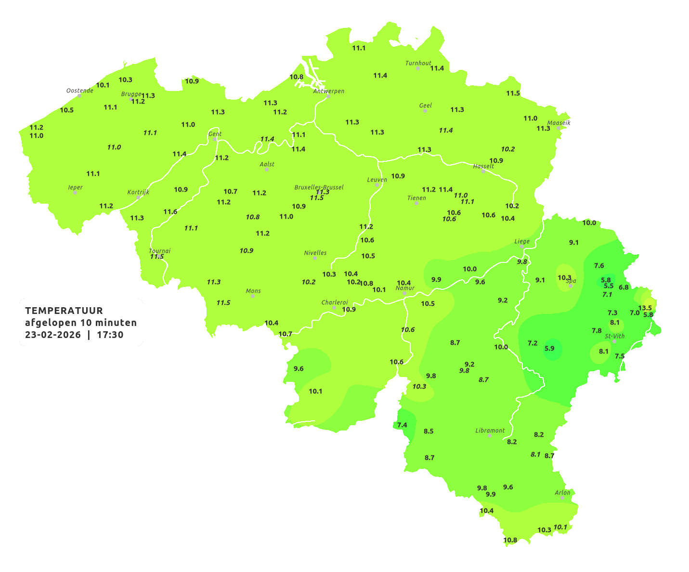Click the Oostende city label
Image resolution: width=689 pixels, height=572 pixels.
(x=79, y=91)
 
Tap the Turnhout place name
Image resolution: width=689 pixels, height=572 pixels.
(x=418, y=63)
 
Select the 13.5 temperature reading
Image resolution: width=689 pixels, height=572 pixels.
(x=645, y=308)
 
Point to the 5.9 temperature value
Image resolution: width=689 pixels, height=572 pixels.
(x=549, y=349)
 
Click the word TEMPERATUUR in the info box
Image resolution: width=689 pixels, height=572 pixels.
(x=64, y=311)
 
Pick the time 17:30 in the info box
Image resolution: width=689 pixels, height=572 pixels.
(x=110, y=335)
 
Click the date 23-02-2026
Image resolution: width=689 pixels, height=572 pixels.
(x=53, y=335)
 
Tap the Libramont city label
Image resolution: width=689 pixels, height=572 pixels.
(x=490, y=430)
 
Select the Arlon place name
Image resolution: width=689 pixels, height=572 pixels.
(x=562, y=493)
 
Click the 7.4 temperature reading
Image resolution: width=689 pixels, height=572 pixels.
(x=402, y=425)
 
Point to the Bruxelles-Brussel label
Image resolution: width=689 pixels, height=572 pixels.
(x=319, y=187)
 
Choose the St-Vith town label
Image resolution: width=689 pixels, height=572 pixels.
(x=615, y=336)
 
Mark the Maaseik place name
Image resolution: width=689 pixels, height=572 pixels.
(x=559, y=123)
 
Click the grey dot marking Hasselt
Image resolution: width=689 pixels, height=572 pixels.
(x=483, y=171)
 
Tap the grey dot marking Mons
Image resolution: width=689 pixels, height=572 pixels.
(x=253, y=296)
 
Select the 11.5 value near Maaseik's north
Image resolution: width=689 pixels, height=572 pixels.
(x=513, y=93)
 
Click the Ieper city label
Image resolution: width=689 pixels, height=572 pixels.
(x=75, y=187)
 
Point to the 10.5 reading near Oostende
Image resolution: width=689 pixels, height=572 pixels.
(x=67, y=110)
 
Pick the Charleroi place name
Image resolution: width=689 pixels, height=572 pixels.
(x=334, y=302)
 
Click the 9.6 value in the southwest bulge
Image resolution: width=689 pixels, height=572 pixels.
(x=299, y=369)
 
